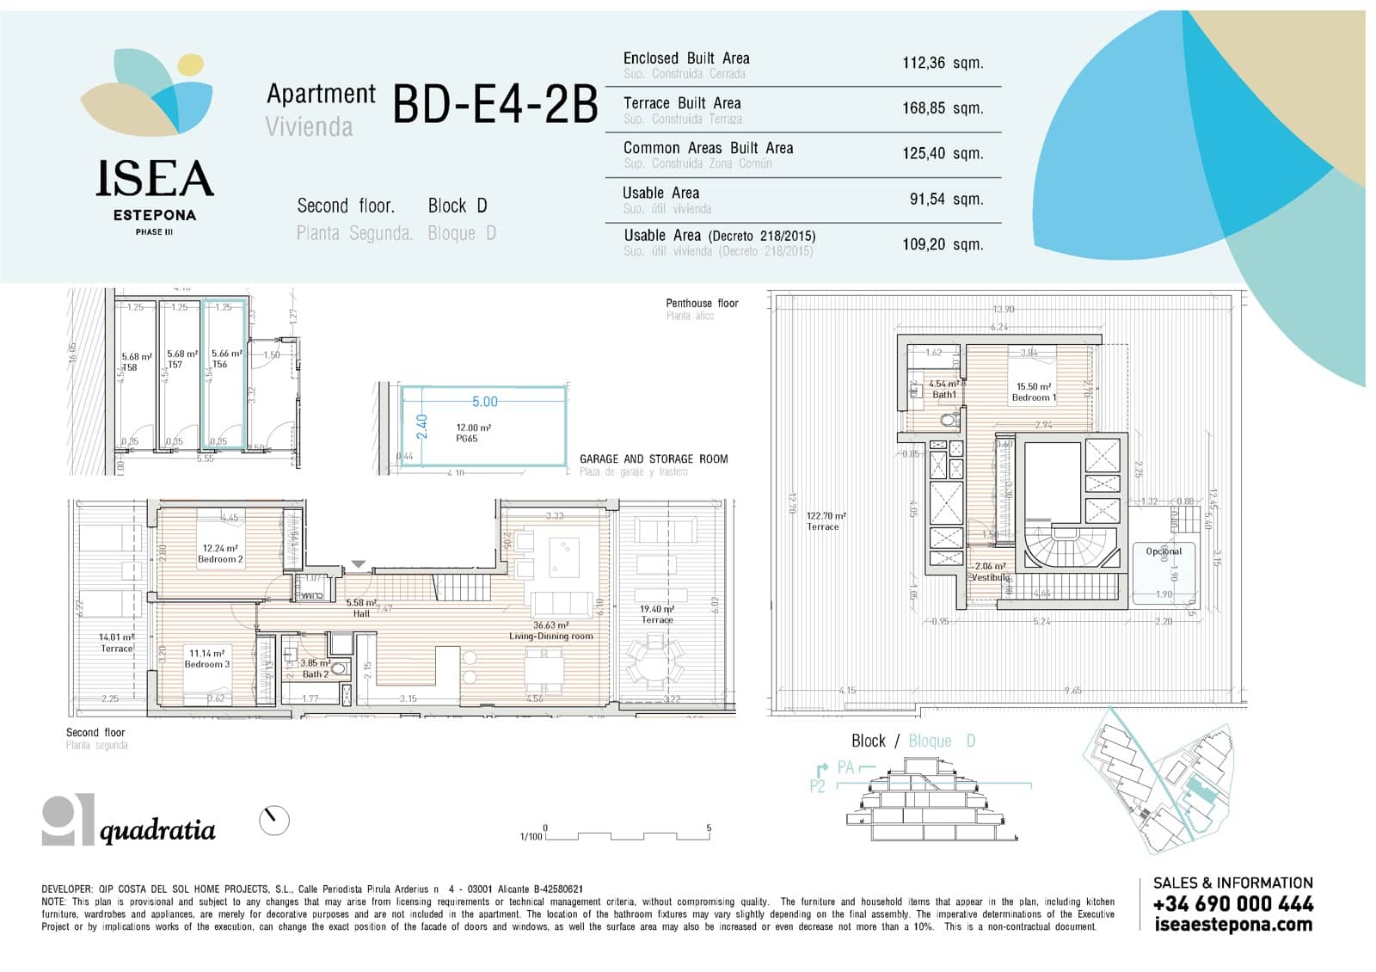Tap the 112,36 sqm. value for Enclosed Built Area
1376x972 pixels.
(942, 63)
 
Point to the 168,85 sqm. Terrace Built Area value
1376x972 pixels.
(942, 108)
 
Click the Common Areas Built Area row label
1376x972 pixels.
(708, 149)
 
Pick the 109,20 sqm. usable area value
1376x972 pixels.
(942, 244)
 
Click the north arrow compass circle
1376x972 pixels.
(274, 821)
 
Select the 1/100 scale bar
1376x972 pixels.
(625, 834)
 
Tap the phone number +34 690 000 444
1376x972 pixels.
(1232, 904)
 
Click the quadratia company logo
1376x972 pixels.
(129, 822)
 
